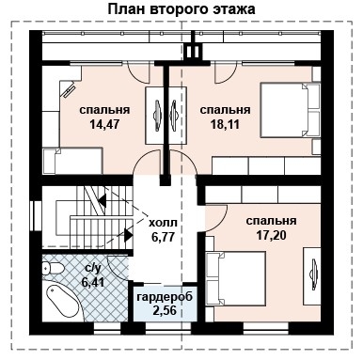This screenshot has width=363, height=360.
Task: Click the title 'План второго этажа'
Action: coord(181,9)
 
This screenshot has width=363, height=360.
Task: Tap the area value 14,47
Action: coord(104,123)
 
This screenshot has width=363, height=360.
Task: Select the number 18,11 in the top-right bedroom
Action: coord(222,123)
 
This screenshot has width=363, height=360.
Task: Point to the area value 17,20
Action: coord(271,235)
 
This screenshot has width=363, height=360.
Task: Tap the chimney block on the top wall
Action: coord(193,50)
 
